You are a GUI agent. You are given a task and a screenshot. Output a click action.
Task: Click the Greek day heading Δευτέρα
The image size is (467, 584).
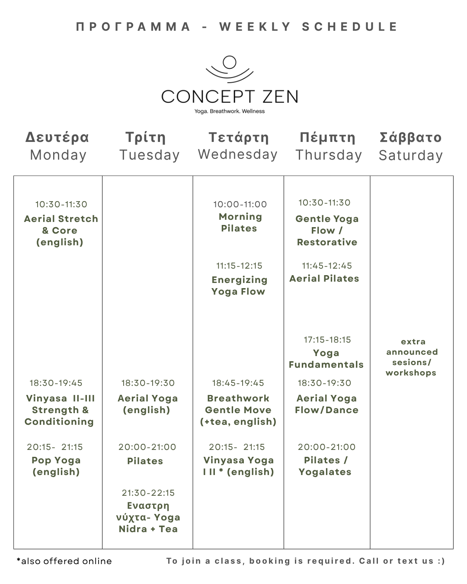(57, 137)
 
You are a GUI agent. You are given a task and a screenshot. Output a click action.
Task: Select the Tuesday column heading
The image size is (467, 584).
(149, 155)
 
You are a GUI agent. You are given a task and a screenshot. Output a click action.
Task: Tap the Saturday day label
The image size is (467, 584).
(410, 155)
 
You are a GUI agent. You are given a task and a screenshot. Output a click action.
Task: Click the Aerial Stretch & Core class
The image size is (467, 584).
(61, 231)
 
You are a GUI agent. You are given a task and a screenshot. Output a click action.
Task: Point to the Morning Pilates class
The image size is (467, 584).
(240, 223)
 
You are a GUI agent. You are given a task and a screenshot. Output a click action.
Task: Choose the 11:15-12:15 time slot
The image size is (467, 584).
(239, 266)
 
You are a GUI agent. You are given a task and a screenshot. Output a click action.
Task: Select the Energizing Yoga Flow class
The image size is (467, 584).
(239, 286)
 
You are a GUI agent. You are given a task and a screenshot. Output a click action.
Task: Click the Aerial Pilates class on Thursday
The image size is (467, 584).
(324, 279)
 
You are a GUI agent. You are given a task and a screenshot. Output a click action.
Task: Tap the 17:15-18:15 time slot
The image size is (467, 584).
(327, 340)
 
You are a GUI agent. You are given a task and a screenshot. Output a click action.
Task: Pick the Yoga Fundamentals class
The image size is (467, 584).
(326, 359)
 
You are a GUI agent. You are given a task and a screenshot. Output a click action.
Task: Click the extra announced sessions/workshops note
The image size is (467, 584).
(412, 357)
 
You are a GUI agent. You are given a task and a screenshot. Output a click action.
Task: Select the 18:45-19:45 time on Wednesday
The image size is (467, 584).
(238, 383)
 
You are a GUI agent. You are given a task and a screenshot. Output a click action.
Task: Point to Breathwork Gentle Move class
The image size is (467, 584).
(238, 410)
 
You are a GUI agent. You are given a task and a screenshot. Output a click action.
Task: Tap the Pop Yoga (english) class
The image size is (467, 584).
(56, 466)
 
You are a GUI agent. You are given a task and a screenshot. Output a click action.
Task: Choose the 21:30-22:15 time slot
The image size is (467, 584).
(148, 493)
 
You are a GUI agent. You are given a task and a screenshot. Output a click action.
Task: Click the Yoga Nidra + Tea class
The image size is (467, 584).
(148, 517)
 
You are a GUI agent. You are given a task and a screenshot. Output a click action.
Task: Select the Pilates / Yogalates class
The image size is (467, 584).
(325, 466)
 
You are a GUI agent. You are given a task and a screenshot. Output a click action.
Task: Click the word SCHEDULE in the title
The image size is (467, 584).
(350, 27)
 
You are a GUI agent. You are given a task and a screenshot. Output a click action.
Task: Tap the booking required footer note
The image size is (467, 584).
(305, 561)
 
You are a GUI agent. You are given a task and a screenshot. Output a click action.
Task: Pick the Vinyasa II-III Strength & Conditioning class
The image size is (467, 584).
(60, 410)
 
